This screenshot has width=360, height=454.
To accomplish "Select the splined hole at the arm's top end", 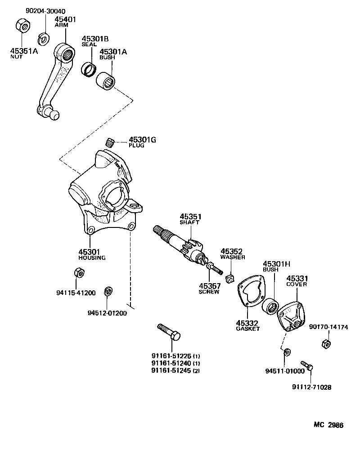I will coord(67,55).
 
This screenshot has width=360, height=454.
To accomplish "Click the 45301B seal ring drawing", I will coord(89,70).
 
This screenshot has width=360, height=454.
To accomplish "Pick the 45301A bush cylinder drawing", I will coord(107,81).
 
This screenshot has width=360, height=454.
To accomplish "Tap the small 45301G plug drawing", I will coord(109,142).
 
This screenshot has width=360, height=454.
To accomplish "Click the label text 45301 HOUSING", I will coord(91,254).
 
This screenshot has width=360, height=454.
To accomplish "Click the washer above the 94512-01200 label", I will coord(108,291).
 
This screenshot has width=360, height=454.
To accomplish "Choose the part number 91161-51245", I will coord(171,370).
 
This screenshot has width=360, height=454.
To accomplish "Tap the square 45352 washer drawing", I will coord(230,279).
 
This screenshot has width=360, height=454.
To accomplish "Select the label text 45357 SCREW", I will coord(209,288).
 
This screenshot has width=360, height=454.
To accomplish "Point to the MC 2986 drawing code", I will coord(329,425).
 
